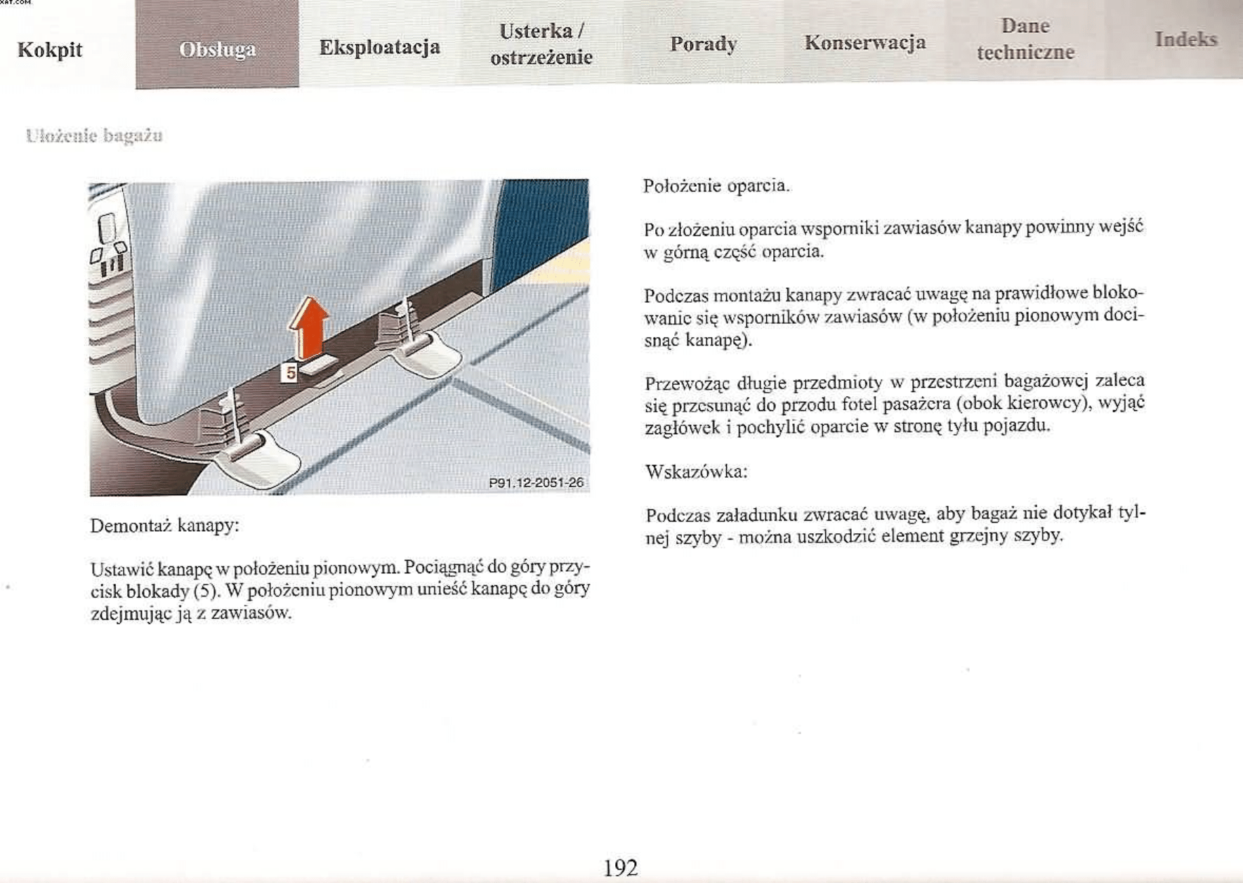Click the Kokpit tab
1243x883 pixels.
[50, 50]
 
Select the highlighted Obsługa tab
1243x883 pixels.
[217, 50]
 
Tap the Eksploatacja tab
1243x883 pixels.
[379, 47]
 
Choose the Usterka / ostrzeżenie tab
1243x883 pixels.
[541, 44]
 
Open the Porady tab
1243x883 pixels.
[703, 44]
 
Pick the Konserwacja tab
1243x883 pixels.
[864, 42]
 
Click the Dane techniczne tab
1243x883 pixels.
[1025, 39]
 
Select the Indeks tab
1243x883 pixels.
[1185, 39]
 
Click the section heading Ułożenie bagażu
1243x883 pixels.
[94, 136]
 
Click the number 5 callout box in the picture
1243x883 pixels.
[290, 372]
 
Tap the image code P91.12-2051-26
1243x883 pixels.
[536, 483]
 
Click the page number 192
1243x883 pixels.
[621, 868]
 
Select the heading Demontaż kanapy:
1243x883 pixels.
[165, 525]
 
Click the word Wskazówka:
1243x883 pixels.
[696, 471]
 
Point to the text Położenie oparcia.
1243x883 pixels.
[716, 186]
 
